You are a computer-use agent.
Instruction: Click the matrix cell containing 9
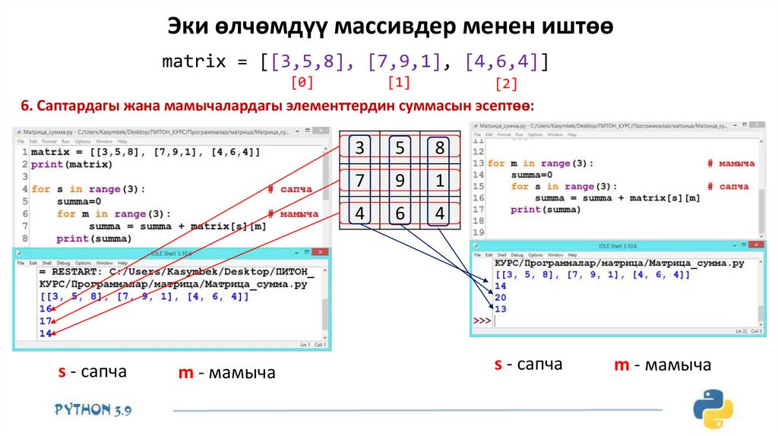click(x=399, y=182)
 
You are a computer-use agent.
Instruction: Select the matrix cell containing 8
click(x=439, y=149)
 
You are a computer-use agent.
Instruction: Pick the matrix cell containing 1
click(x=439, y=182)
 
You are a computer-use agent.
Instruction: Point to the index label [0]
click(x=302, y=81)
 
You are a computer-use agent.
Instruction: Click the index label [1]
click(x=399, y=81)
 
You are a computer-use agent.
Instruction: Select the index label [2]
click(x=506, y=84)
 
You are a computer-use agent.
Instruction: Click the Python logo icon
click(x=711, y=409)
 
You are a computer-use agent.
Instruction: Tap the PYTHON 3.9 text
click(x=93, y=409)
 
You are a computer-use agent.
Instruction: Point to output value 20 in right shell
click(x=500, y=298)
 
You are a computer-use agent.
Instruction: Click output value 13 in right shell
click(x=500, y=310)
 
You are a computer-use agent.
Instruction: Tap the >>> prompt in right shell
click(x=482, y=321)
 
